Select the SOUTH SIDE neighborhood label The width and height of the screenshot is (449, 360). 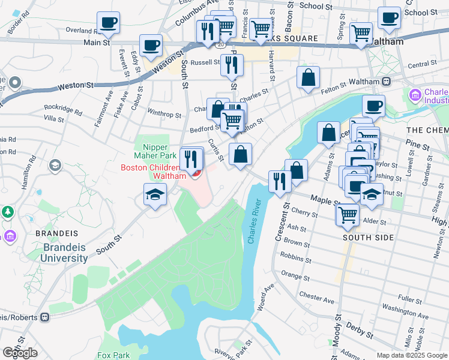pyautogui.click(x=368, y=238)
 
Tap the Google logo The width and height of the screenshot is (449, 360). pyautogui.click(x=20, y=353)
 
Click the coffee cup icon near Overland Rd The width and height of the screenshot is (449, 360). pyautogui.click(x=109, y=23)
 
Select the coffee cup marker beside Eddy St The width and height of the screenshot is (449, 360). pyautogui.click(x=151, y=45)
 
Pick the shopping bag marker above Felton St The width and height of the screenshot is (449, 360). pyautogui.click(x=308, y=77)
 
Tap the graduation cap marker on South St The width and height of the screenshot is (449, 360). pyautogui.click(x=155, y=194)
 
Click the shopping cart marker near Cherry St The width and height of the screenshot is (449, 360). pyautogui.click(x=348, y=214)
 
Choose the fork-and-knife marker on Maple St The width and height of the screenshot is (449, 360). pyautogui.click(x=279, y=181)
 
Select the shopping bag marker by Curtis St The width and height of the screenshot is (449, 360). pyautogui.click(x=240, y=155)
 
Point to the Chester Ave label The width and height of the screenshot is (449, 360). pyautogui.click(x=316, y=298)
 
